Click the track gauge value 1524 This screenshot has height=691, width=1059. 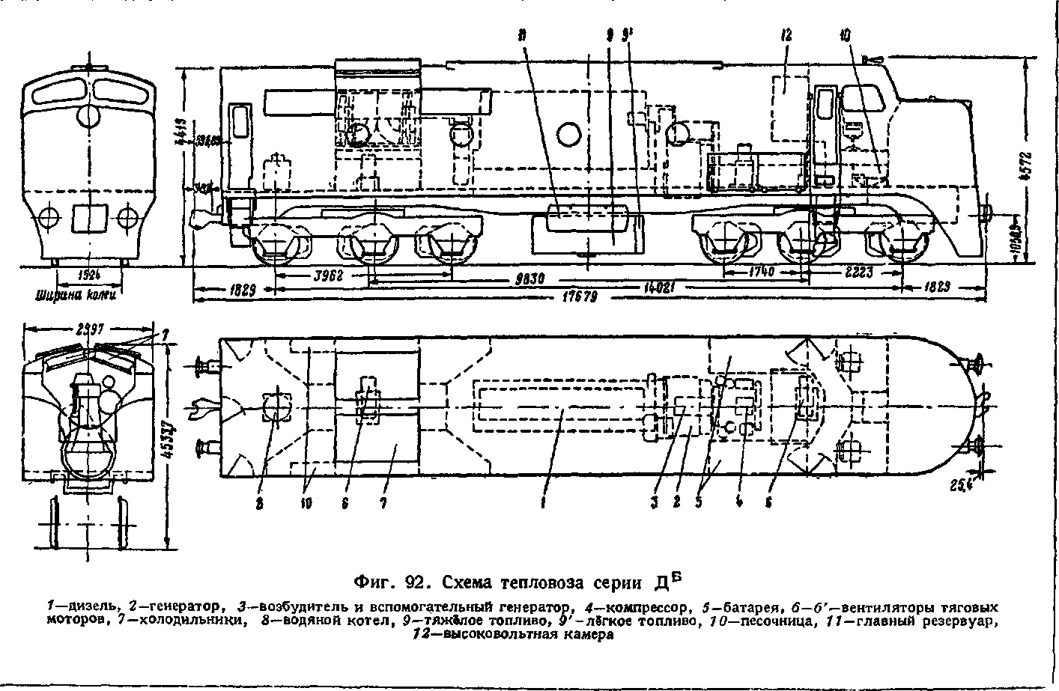88,274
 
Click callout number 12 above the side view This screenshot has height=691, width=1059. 786,35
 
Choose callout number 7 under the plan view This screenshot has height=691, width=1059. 382,504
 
